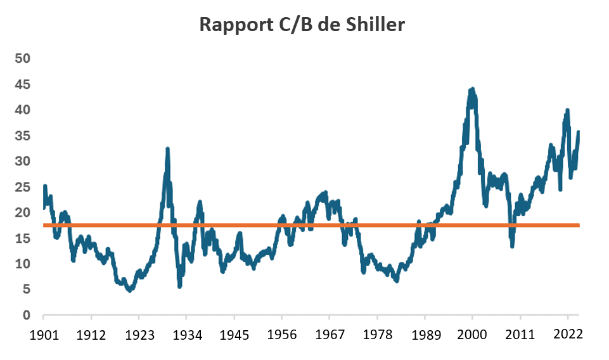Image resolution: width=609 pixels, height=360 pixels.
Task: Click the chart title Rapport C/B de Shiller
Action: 302,24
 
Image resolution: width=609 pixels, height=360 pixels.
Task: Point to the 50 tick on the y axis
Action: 23,58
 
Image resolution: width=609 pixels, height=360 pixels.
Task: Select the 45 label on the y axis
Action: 23,84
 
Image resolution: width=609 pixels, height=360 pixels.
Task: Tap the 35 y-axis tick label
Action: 23,136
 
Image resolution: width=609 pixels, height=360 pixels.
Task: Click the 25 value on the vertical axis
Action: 23,187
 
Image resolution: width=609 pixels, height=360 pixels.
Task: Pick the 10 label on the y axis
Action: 23,264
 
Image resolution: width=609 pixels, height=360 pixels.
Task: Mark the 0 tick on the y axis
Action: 26,315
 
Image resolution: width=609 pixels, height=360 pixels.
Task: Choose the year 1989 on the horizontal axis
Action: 425,333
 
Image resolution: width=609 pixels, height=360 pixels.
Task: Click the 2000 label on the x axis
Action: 472,333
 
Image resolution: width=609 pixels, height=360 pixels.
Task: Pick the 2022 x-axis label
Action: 567,333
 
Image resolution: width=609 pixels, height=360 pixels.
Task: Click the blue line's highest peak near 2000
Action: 472,89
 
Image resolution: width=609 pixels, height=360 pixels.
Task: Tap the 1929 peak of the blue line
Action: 167,149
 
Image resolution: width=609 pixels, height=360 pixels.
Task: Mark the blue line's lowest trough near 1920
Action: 129,290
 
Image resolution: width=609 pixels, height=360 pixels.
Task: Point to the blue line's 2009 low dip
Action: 512,246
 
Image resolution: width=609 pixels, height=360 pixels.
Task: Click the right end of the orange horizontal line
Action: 579,225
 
